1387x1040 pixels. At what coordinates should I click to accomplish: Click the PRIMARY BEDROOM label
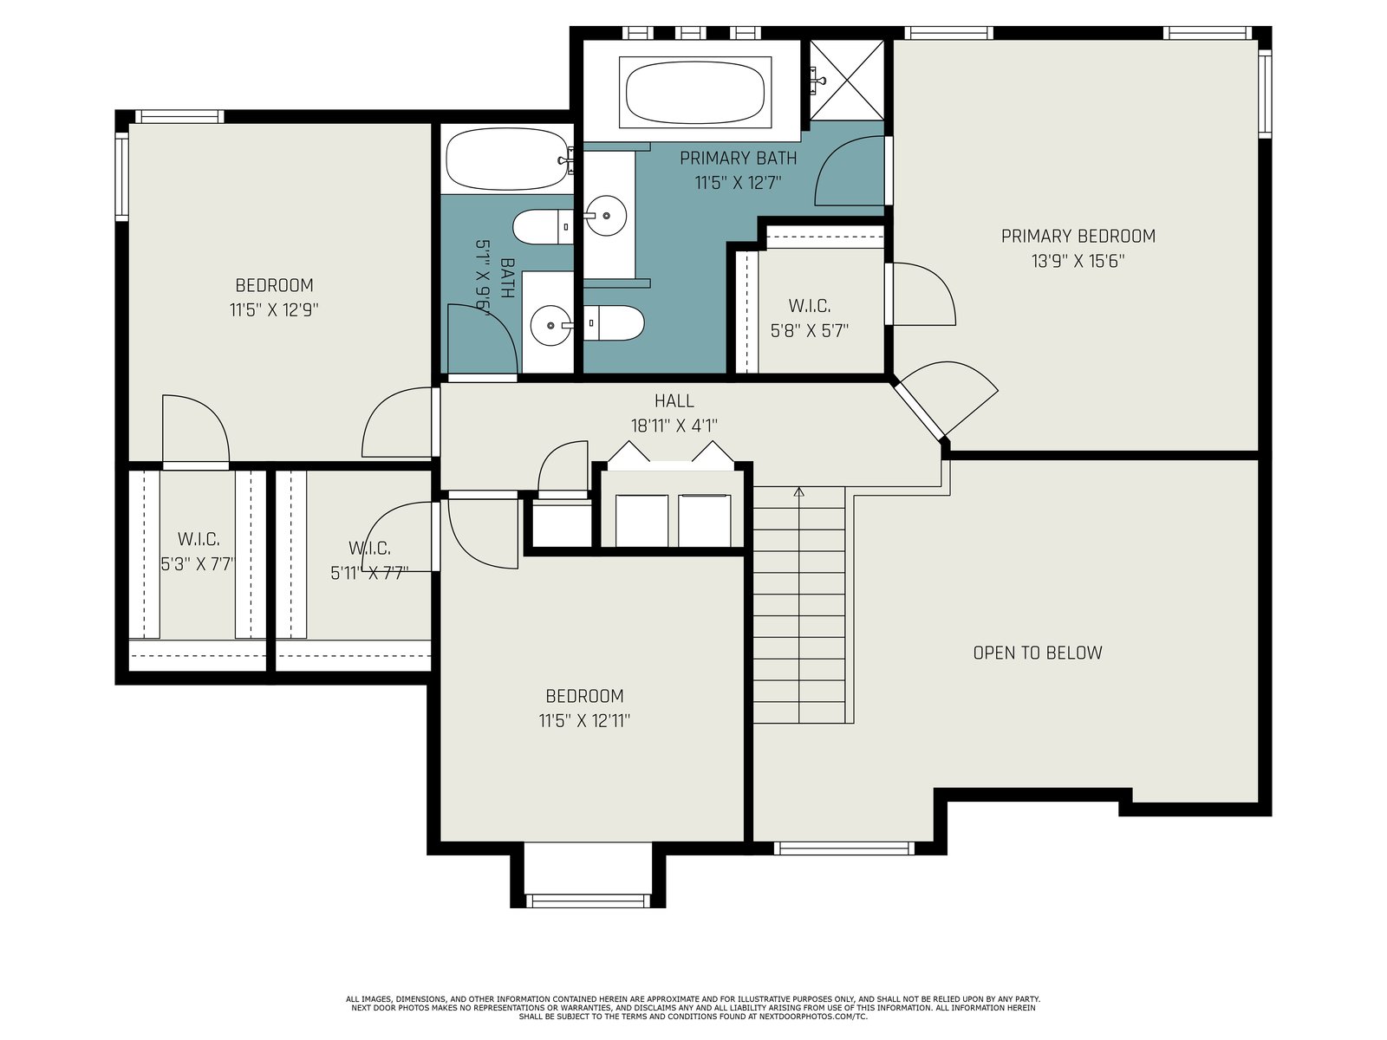(x=1078, y=236)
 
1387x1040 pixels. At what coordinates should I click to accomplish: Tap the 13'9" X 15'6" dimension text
(x=1078, y=261)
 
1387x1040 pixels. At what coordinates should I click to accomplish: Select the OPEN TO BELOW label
(x=1038, y=653)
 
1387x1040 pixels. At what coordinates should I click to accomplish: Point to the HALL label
(x=674, y=401)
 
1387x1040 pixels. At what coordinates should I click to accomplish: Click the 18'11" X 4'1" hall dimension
(x=674, y=426)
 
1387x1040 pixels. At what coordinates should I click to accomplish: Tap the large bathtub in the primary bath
(x=695, y=92)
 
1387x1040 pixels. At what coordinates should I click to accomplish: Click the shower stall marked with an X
(x=847, y=80)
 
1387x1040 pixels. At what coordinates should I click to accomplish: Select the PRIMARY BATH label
(x=738, y=159)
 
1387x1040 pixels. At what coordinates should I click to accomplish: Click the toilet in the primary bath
(x=613, y=323)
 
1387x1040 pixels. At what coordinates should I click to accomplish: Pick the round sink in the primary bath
(x=606, y=215)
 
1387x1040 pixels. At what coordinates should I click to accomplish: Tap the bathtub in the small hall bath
(x=508, y=159)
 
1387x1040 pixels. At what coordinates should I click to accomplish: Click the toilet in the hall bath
(x=543, y=227)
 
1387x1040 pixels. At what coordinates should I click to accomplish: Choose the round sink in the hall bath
(x=551, y=326)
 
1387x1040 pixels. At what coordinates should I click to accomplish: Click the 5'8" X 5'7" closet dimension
(x=810, y=331)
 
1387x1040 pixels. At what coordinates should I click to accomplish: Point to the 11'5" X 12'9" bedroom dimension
(x=274, y=310)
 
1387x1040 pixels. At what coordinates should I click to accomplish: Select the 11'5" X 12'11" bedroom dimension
(x=584, y=720)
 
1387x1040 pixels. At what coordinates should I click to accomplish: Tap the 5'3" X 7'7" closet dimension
(x=198, y=564)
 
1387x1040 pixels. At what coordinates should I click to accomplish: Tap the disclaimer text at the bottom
(x=693, y=1008)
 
